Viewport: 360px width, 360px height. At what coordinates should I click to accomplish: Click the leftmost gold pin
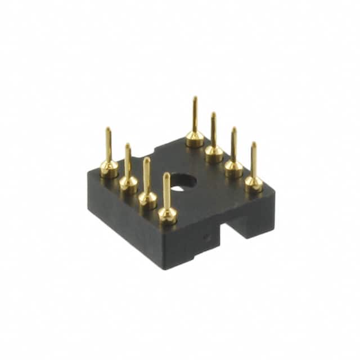(109, 157)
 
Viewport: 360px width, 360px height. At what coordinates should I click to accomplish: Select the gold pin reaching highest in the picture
(195, 127)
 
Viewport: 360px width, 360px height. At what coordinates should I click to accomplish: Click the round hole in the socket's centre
(182, 183)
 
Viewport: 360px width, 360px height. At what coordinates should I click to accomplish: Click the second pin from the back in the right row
(214, 141)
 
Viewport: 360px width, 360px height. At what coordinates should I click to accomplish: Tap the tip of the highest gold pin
(195, 98)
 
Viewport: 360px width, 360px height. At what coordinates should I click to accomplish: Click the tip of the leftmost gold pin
(108, 129)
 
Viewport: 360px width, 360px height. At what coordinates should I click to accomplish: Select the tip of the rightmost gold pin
(254, 144)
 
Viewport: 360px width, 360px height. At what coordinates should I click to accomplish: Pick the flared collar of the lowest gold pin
(167, 214)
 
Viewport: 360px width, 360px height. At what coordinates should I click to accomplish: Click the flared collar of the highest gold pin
(195, 137)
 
